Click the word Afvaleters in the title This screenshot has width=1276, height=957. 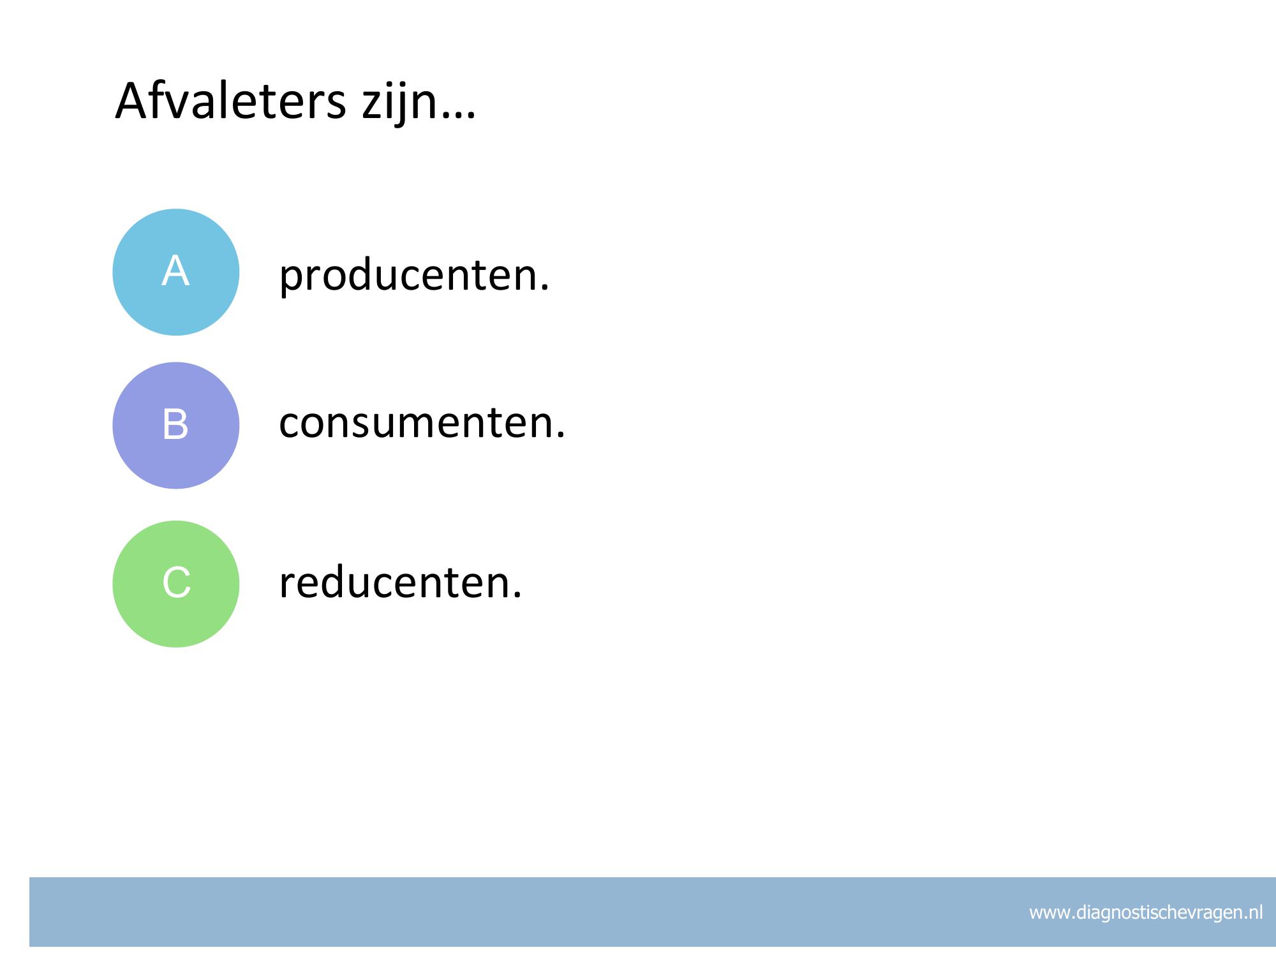(230, 101)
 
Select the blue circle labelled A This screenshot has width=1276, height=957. (176, 272)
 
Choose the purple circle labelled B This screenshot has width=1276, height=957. (176, 426)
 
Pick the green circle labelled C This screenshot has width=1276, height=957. (176, 584)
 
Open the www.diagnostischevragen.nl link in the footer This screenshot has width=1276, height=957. (1146, 913)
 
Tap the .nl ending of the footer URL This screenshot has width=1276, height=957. (1253, 913)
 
